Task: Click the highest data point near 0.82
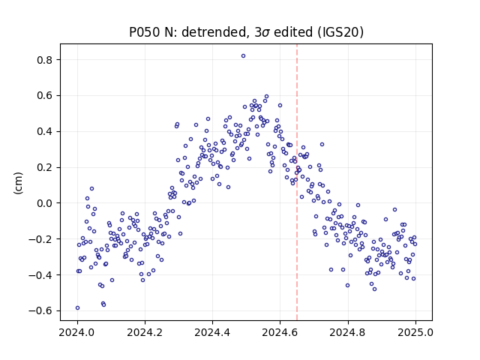coord(243,56)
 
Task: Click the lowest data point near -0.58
coord(77,308)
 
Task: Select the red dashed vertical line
coord(297,182)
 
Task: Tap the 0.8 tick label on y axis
coord(45,60)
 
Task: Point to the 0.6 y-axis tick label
coord(45,96)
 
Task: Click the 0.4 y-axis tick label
coord(45,132)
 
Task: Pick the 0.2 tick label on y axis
coord(45,168)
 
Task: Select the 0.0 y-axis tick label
coord(45,203)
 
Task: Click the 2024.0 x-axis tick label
coord(77,332)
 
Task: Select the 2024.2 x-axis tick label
coord(145,332)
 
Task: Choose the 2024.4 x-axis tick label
coord(212,332)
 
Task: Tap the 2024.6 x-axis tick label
coord(280,332)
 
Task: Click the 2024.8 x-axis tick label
coord(348,332)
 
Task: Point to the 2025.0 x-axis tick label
coord(415,332)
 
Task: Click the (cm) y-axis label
coord(18,183)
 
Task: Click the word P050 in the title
coord(145,32)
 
